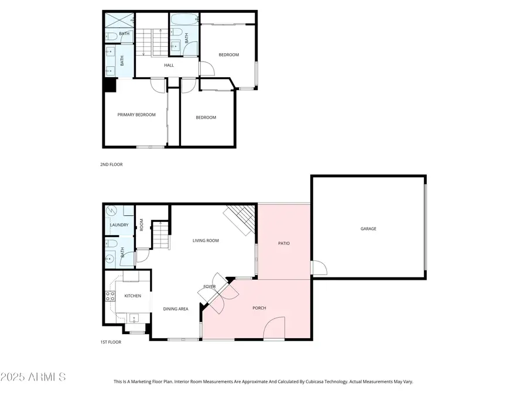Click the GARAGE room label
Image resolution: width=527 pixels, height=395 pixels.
tap(368, 229)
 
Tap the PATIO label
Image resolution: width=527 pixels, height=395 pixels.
tap(283, 243)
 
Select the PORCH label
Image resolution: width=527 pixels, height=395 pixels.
tap(259, 308)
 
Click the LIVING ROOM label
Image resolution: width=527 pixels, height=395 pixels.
tap(206, 241)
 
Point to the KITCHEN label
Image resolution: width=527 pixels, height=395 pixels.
tap(133, 296)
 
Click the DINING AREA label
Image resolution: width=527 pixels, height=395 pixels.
tap(176, 309)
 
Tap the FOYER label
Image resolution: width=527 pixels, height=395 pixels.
tap(210, 287)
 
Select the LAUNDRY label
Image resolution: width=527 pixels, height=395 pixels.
tap(119, 225)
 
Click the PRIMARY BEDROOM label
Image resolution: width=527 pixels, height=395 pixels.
tap(136, 115)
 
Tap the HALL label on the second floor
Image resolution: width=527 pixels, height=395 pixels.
tap(169, 66)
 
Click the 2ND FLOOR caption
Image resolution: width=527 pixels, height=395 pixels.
tap(111, 165)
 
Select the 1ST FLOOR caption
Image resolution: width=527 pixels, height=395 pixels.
tap(111, 342)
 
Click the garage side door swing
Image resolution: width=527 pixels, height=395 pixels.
tap(319, 268)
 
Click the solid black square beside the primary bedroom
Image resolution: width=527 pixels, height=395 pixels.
tap(109, 85)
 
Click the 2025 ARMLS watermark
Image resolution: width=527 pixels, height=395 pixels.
tap(34, 376)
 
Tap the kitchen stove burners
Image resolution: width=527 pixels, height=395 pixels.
tap(109, 296)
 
